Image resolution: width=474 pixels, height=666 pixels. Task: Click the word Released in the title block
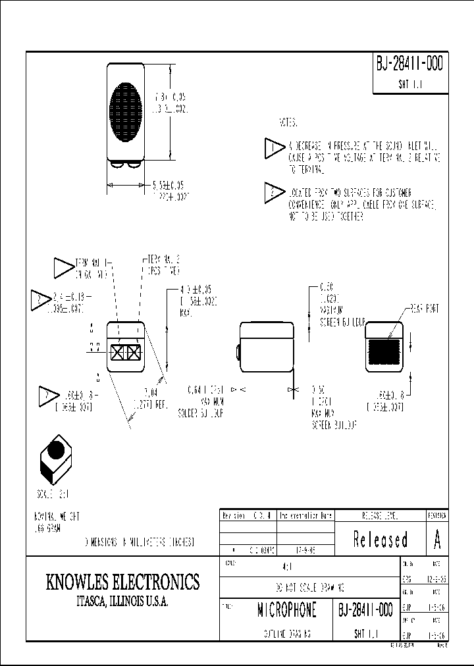(x=380, y=540)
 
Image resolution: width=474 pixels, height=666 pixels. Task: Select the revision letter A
(x=437, y=540)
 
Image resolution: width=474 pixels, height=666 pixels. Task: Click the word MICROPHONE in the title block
(x=286, y=610)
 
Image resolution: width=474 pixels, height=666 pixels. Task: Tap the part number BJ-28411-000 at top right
(x=409, y=64)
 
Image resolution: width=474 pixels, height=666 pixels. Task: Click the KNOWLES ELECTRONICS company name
(x=122, y=582)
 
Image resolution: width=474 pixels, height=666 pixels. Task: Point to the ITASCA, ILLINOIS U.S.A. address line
(x=122, y=602)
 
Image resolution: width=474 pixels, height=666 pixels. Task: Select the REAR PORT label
(x=424, y=308)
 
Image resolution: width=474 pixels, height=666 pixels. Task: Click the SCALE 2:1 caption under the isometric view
(x=53, y=492)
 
